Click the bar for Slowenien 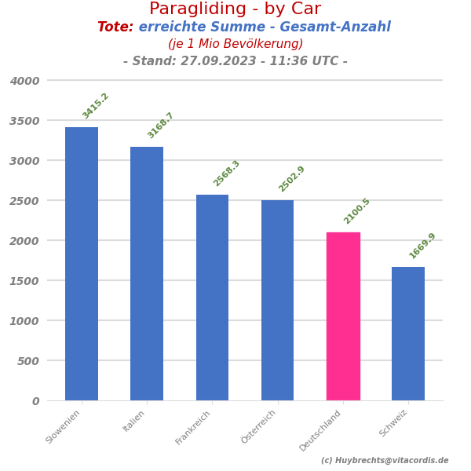click(82, 264)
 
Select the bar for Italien click(147, 273)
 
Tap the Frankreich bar click(212, 298)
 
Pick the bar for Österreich click(277, 300)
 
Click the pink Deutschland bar click(343, 316)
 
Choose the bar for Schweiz click(408, 334)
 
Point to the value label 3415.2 click(96, 106)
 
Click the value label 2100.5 click(357, 211)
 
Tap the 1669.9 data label click(422, 246)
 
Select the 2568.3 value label click(227, 173)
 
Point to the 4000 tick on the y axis click(24, 81)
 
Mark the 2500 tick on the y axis click(24, 201)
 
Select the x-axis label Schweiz click(394, 423)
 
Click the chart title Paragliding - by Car click(235, 9)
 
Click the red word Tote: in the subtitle click(115, 27)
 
